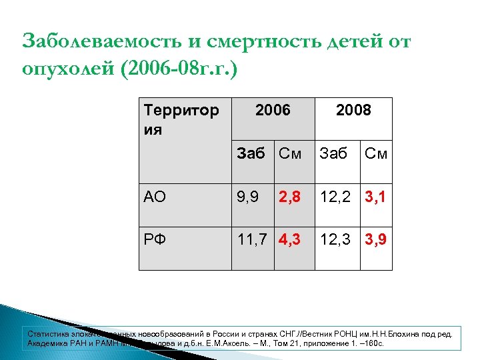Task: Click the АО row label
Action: pos(155,197)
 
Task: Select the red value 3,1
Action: pos(375,197)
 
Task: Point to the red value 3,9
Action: pos(375,238)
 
